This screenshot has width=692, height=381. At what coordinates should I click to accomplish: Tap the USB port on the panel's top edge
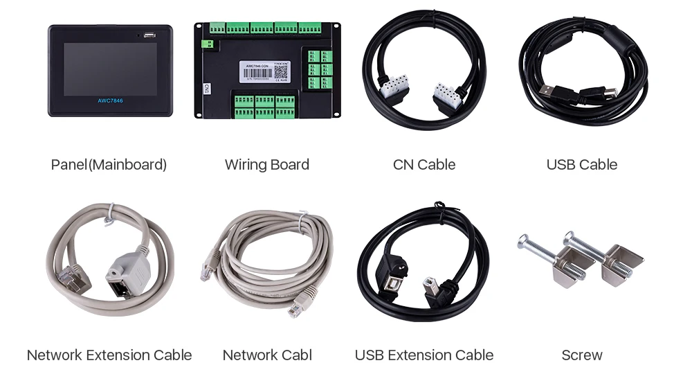[x=149, y=33]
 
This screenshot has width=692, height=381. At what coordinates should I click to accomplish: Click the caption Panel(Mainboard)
[x=109, y=165]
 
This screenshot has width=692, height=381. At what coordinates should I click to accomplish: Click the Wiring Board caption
[x=267, y=165]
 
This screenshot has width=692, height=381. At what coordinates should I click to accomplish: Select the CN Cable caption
[x=424, y=165]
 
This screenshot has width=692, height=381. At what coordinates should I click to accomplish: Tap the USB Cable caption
[x=582, y=165]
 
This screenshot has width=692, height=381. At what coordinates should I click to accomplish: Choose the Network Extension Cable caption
[x=109, y=355]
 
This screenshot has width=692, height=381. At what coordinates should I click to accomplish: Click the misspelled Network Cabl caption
[x=267, y=355]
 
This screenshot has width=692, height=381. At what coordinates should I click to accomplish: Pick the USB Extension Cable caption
[x=424, y=355]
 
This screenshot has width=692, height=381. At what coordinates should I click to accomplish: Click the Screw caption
[x=582, y=355]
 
